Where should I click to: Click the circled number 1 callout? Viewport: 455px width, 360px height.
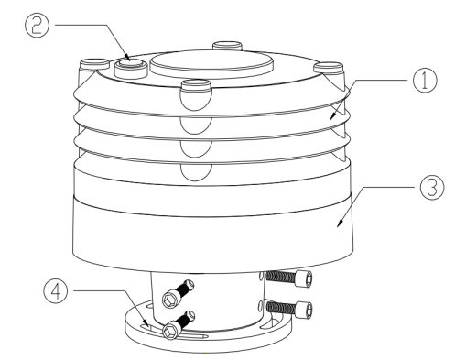(425, 80)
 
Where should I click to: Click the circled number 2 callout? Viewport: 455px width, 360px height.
(37, 26)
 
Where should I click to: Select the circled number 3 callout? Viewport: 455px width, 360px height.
(432, 188)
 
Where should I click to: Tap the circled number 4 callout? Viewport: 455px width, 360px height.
(56, 291)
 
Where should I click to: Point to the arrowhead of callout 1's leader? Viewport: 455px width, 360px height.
(333, 116)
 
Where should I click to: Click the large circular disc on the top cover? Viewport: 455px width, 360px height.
(211, 63)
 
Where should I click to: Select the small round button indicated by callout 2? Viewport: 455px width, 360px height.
(131, 69)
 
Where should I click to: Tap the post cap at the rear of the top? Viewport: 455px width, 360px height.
(228, 46)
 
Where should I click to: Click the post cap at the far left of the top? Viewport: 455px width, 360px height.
(94, 65)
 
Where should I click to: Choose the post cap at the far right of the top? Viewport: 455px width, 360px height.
(329, 68)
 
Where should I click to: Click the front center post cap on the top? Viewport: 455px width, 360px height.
(196, 94)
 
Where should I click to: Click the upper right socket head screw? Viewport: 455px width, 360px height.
(288, 278)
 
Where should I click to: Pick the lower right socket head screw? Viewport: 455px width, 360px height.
(289, 309)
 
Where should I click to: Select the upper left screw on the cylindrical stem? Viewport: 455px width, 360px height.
(179, 294)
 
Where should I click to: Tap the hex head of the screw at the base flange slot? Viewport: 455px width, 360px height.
(169, 332)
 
